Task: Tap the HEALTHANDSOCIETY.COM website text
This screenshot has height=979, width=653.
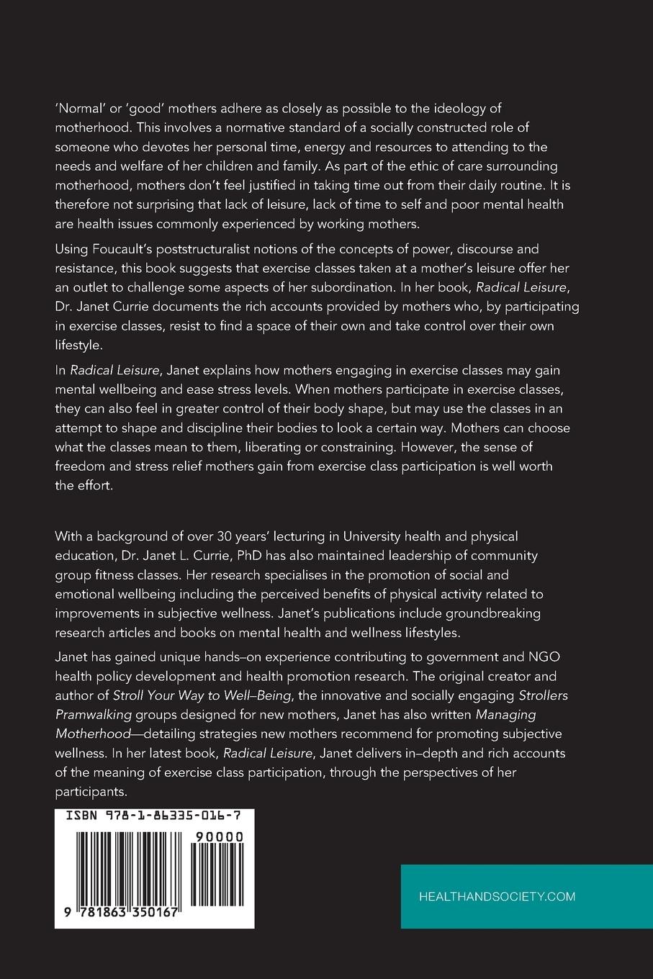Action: tap(497, 896)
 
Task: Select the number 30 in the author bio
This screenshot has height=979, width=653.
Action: tap(228, 536)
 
